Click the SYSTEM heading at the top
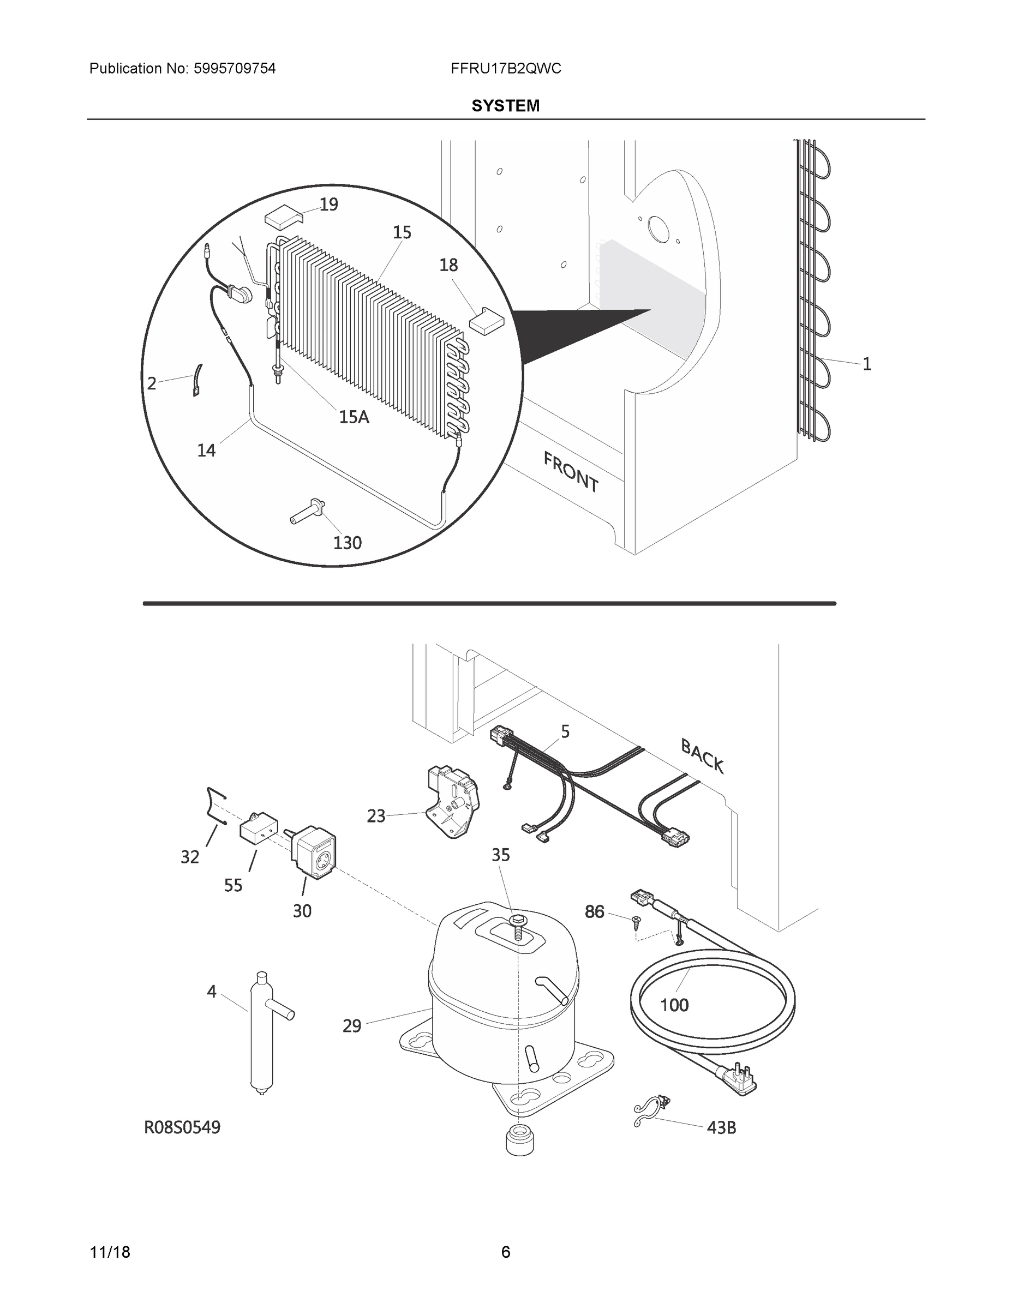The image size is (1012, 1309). coord(505,106)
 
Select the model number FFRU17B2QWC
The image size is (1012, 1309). coord(505,69)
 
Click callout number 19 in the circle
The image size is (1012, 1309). coord(328,205)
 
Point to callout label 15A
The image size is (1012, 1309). coord(354,417)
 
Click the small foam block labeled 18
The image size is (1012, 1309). coord(486,320)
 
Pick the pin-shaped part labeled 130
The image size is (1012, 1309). coord(308,513)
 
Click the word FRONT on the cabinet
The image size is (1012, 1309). coord(571,472)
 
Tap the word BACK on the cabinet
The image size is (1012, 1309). coord(702,757)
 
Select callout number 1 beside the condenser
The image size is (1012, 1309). coord(866,364)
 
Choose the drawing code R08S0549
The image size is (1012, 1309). coord(182,1128)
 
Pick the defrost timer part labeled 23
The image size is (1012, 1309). coord(453,802)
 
